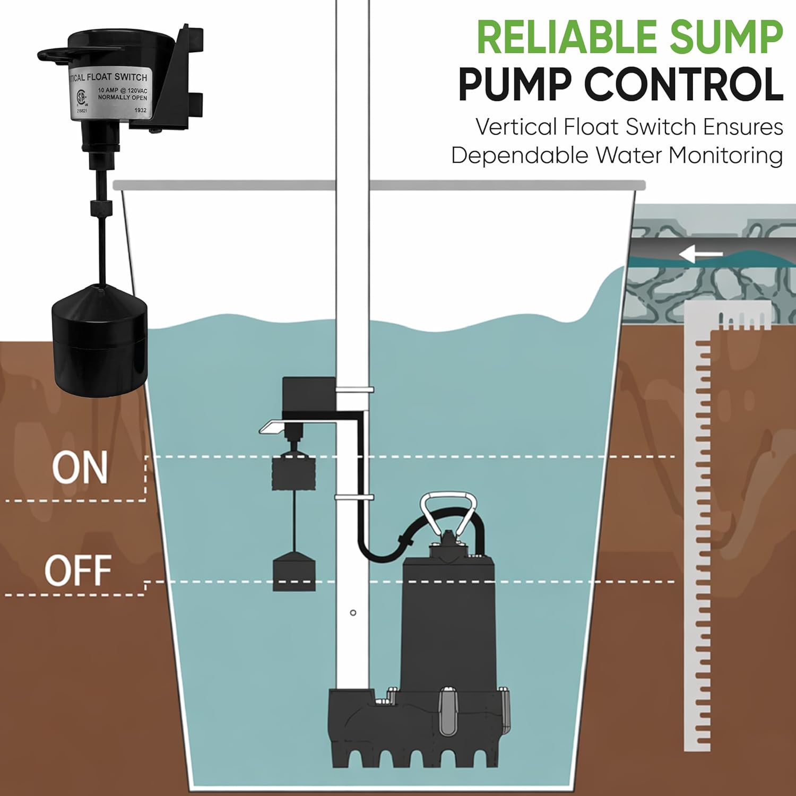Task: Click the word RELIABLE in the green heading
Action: click(568, 37)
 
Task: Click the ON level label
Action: click(80, 468)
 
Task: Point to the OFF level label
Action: click(78, 570)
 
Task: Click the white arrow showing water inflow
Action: click(700, 255)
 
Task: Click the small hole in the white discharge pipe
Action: click(353, 613)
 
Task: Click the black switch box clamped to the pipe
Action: click(308, 395)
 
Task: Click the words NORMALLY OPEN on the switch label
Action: click(122, 98)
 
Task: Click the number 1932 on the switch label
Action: click(140, 110)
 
